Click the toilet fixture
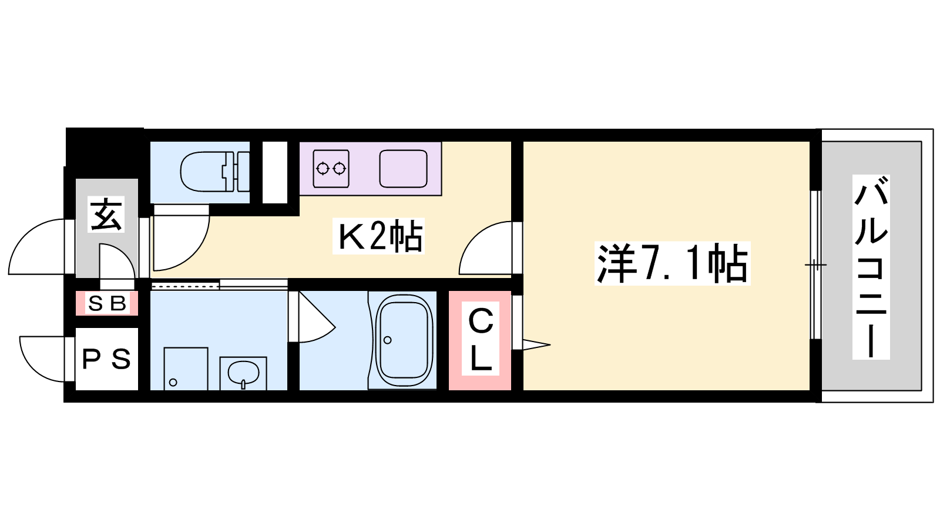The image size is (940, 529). coord(214,171)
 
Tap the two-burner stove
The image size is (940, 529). coord(331,168)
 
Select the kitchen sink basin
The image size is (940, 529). coord(403,168)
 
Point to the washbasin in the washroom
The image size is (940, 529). coord(243,373)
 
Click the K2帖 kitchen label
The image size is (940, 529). coord(379,236)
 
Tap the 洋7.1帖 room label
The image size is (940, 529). coord(672,264)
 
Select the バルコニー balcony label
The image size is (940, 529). coord(871,267)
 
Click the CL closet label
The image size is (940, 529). coord(481,339)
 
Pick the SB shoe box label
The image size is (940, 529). coord(106,303)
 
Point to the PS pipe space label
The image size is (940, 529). coord(106,359)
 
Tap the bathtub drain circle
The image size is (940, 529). coord(387,340)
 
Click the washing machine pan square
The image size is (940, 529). coord(186,369)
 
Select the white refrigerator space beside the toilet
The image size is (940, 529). coord(275,172)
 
